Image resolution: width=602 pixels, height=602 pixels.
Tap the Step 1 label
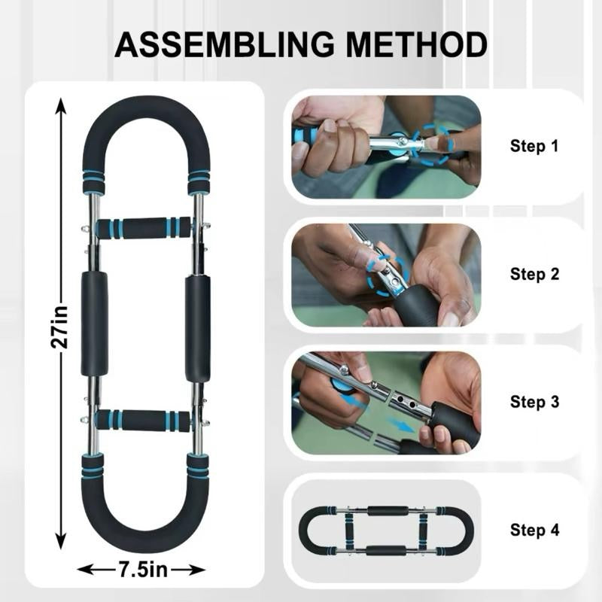click(x=534, y=146)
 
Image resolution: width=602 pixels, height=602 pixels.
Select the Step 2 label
click(x=534, y=274)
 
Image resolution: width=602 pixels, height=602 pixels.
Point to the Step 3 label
click(x=534, y=402)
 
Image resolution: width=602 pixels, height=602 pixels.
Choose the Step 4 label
click(x=534, y=530)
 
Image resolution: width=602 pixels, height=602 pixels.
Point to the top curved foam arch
click(x=146, y=124)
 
